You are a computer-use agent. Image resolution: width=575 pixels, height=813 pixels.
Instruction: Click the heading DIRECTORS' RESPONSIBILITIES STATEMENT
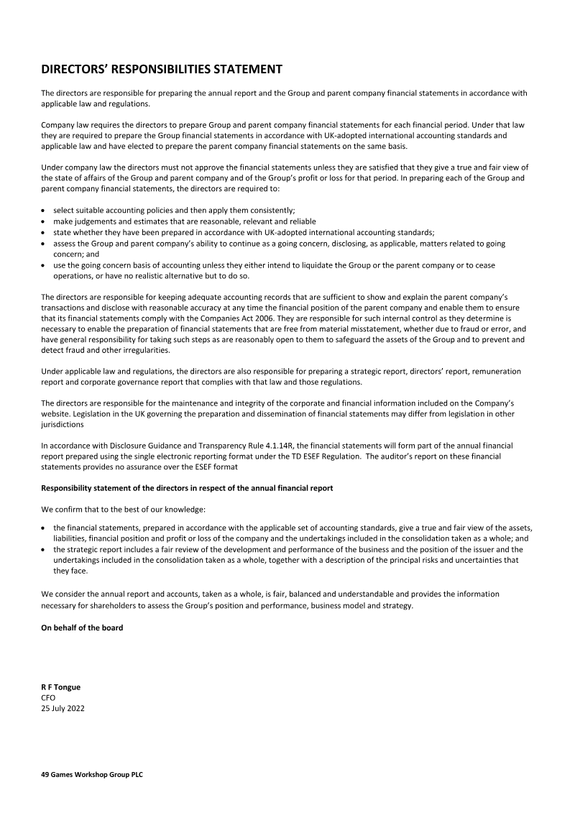pos(161,69)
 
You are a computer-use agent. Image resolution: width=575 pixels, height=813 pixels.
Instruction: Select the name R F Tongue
pos(60,686)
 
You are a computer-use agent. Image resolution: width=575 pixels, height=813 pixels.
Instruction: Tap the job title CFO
pos(48,697)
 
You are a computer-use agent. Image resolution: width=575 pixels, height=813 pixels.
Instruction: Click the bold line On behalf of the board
pos(82,628)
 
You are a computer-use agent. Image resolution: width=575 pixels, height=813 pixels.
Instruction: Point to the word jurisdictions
pos(63,425)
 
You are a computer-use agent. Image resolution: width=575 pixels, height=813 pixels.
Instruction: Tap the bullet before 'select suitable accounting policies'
pos(44,210)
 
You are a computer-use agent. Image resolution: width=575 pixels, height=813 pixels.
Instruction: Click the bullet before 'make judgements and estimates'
pos(44,221)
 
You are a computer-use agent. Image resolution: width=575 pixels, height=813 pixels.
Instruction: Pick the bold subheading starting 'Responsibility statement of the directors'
pos(187,488)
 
